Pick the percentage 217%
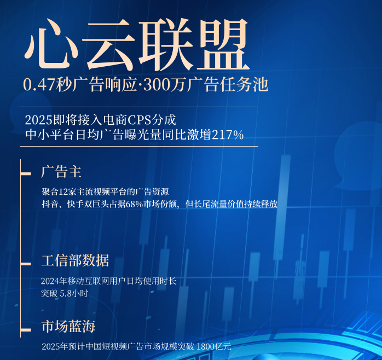click(228, 135)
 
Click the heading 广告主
click(61, 172)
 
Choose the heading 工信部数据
click(75, 260)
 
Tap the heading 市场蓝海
click(68, 327)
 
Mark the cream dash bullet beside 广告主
click(26, 174)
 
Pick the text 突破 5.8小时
click(64, 293)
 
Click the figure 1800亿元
click(213, 346)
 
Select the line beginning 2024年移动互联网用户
click(108, 281)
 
